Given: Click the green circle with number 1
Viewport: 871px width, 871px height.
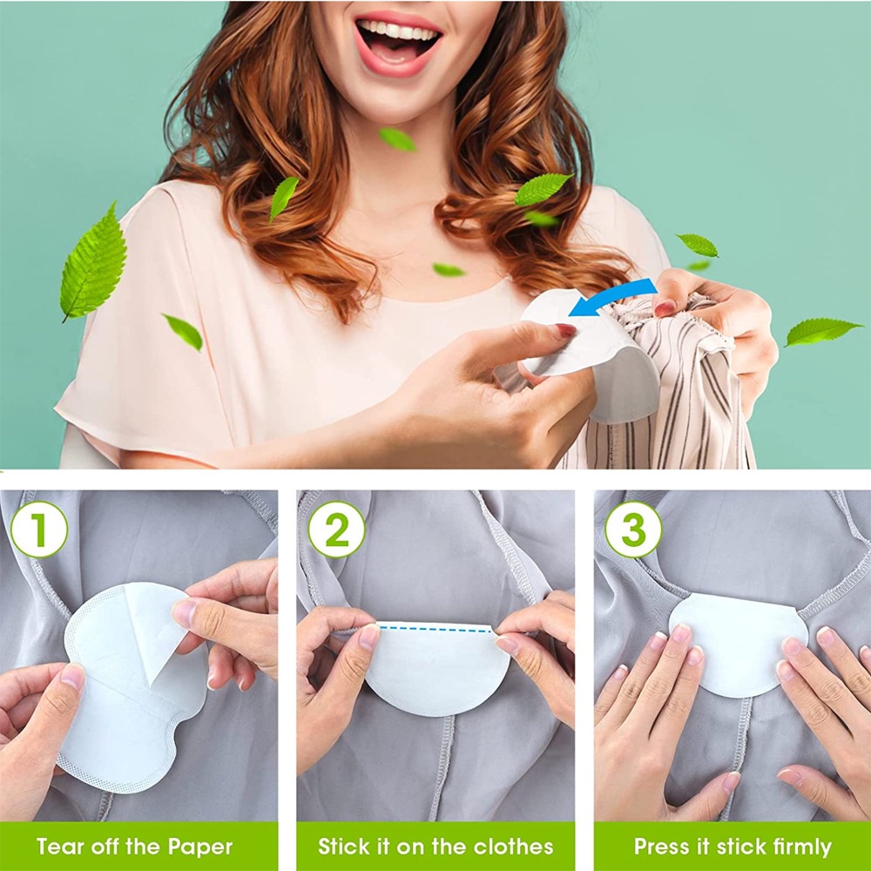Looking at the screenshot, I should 39,530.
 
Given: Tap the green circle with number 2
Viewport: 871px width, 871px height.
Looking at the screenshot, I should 336,530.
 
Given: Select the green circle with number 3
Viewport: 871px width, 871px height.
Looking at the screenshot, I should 633,530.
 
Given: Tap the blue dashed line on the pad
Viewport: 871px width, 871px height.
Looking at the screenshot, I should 435,627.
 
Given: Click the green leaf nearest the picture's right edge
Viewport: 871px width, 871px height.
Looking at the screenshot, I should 821,331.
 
